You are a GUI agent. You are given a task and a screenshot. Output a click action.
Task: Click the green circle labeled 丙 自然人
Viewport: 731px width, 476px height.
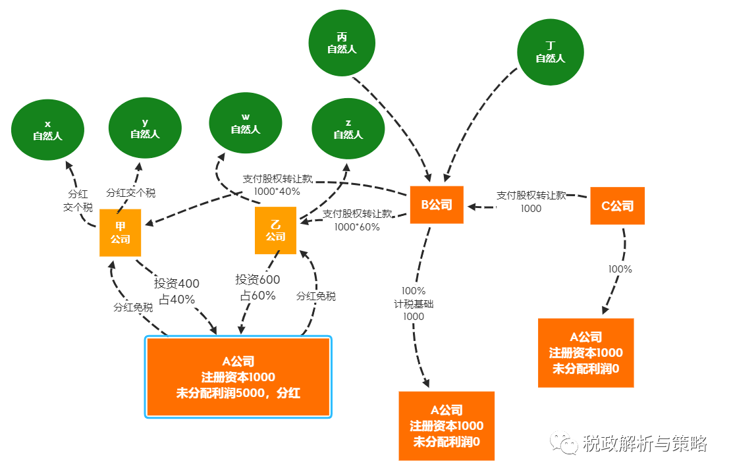pos(342,43)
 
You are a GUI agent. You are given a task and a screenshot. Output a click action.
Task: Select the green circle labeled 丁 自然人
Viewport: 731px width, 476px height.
pos(550,52)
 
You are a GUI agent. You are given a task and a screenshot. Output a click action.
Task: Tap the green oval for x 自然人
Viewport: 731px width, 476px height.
pos(47,130)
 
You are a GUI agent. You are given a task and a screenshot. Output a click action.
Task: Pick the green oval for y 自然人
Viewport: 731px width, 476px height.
pos(145,128)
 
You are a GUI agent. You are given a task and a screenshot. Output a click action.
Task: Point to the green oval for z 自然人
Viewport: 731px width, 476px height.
pos(348,129)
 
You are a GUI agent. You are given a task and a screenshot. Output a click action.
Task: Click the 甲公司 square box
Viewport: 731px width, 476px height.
pos(121,232)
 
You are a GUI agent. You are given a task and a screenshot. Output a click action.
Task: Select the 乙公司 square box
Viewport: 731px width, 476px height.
pos(275,230)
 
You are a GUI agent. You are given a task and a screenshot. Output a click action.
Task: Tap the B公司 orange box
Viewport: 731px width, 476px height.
pos(437,205)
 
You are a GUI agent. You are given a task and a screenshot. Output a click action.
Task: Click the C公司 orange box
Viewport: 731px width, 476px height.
pos(617,206)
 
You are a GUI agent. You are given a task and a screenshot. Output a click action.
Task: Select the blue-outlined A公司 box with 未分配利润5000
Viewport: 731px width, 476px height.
pos(238,377)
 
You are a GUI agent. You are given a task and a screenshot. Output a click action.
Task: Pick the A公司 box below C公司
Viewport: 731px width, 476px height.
pos(585,353)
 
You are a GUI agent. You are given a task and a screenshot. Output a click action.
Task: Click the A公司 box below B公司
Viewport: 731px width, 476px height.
pos(447,426)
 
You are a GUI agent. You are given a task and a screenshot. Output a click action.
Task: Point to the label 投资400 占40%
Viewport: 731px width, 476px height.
pos(176,290)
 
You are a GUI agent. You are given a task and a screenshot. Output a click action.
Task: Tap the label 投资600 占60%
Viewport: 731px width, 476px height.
pos(257,288)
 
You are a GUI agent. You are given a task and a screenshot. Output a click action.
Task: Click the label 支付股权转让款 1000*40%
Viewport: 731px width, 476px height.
pos(277,185)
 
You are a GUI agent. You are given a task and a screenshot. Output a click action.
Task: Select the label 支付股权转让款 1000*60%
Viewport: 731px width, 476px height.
pos(358,220)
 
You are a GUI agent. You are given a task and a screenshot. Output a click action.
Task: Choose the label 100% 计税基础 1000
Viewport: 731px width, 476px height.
pos(413,303)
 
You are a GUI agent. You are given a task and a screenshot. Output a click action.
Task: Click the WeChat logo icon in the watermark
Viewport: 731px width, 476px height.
pos(565,443)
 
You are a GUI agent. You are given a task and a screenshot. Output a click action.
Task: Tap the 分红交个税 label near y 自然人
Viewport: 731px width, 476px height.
pos(131,193)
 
